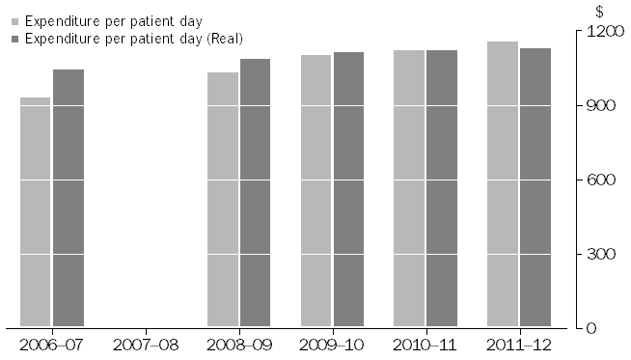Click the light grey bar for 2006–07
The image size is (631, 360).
(x=36, y=212)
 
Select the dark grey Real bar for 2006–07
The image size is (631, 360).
(x=69, y=198)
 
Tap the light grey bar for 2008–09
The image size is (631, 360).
(x=223, y=200)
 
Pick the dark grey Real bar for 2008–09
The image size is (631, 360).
(x=255, y=193)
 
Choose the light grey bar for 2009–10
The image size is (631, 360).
(x=315, y=191)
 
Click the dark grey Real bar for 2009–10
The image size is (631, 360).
(x=348, y=189)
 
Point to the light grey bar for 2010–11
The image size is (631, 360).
(x=409, y=188)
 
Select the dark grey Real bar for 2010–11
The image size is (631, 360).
(x=442, y=188)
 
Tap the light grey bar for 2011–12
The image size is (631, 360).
(x=503, y=184)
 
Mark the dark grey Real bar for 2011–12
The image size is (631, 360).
(x=535, y=187)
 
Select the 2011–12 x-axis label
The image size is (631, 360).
(x=519, y=345)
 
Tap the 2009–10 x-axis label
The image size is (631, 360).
(x=332, y=345)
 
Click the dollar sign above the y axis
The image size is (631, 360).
(x=599, y=13)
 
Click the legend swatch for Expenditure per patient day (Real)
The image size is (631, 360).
(x=14, y=38)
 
